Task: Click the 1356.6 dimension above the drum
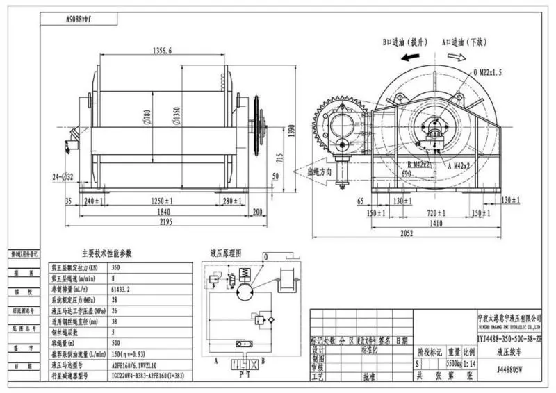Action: pos(162,50)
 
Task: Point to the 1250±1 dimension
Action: pos(159,201)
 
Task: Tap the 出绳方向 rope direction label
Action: pos(320,170)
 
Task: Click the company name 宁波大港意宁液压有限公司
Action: pos(509,315)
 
